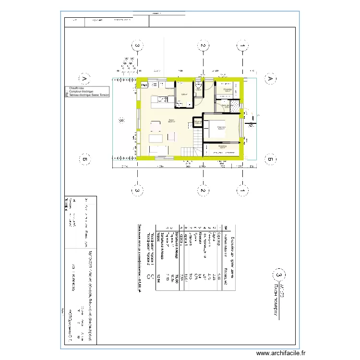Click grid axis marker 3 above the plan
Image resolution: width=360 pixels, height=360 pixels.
point(137,46)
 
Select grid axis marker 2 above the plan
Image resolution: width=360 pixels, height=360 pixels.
point(203,46)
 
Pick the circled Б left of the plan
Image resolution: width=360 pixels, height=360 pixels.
point(84,160)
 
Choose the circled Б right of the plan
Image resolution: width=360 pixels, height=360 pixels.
point(270,160)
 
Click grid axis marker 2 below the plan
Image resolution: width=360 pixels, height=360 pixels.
point(203,191)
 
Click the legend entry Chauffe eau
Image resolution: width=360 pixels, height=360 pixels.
point(77,88)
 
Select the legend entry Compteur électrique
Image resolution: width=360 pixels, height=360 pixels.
point(81,92)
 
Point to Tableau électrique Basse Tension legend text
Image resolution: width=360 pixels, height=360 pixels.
point(89,95)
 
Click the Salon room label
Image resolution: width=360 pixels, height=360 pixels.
point(172,120)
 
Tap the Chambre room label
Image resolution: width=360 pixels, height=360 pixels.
point(221,127)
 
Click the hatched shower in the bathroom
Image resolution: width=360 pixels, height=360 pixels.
point(235,106)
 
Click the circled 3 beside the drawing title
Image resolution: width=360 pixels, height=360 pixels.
point(278,275)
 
